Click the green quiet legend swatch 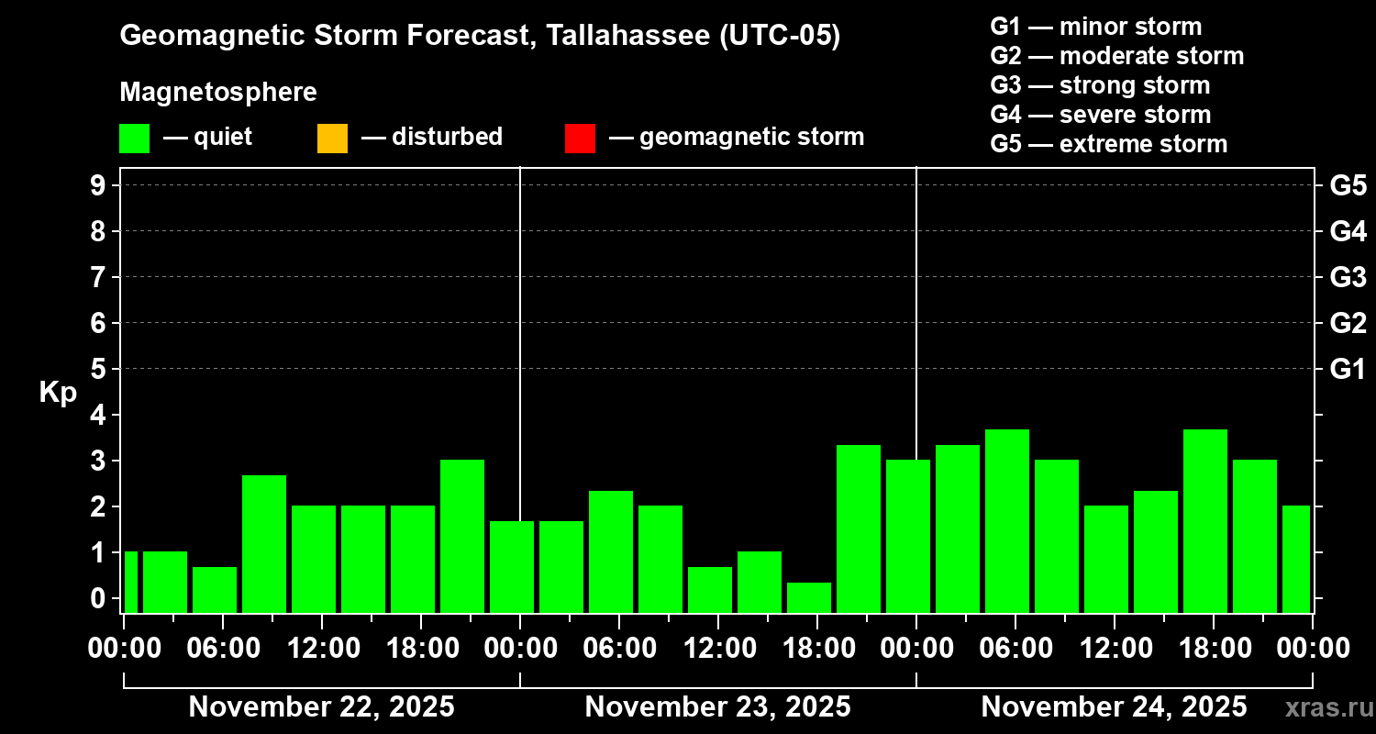[134, 138]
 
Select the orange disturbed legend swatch [332, 138]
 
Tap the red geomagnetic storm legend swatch [580, 138]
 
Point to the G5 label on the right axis [1348, 185]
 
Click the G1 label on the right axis [1348, 369]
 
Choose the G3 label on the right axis [1348, 277]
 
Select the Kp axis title [58, 392]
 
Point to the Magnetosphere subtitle [218, 93]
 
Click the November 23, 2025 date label [717, 706]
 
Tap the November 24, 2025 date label [1114, 706]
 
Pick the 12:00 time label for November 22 [321, 648]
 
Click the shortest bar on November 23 [809, 597]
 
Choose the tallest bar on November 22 [462, 536]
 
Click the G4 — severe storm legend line [1100, 115]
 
